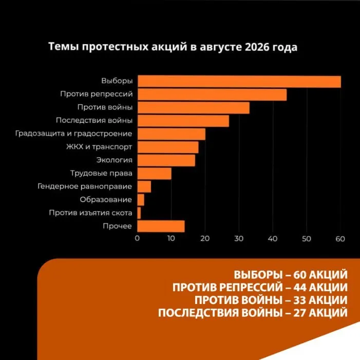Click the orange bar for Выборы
[239, 82]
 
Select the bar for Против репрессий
[212, 94]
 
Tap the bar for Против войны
[194, 108]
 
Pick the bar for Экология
[166, 160]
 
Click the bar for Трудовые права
[154, 174]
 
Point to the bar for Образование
[141, 200]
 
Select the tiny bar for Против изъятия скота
[139, 213]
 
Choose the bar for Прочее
[161, 226]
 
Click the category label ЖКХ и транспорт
[99, 147]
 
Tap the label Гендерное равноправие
[85, 186]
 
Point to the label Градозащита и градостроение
[74, 134]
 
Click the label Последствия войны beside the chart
[94, 120]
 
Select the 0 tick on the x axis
[137, 239]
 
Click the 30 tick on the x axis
[239, 239]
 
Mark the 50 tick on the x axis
[307, 239]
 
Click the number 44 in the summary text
[299, 288]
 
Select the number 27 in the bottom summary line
[299, 313]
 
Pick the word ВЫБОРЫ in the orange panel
[258, 275]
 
